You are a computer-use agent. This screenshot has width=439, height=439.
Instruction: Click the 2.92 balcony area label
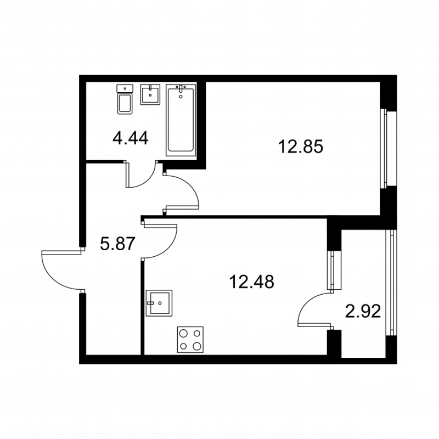tap(363, 312)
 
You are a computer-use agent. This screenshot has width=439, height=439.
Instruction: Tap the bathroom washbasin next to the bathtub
tap(150, 94)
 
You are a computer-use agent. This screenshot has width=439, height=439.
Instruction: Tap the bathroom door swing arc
tap(140, 176)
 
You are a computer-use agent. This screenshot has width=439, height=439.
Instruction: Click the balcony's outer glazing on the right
tap(391, 283)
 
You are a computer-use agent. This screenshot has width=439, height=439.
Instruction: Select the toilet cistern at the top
tap(125, 87)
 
